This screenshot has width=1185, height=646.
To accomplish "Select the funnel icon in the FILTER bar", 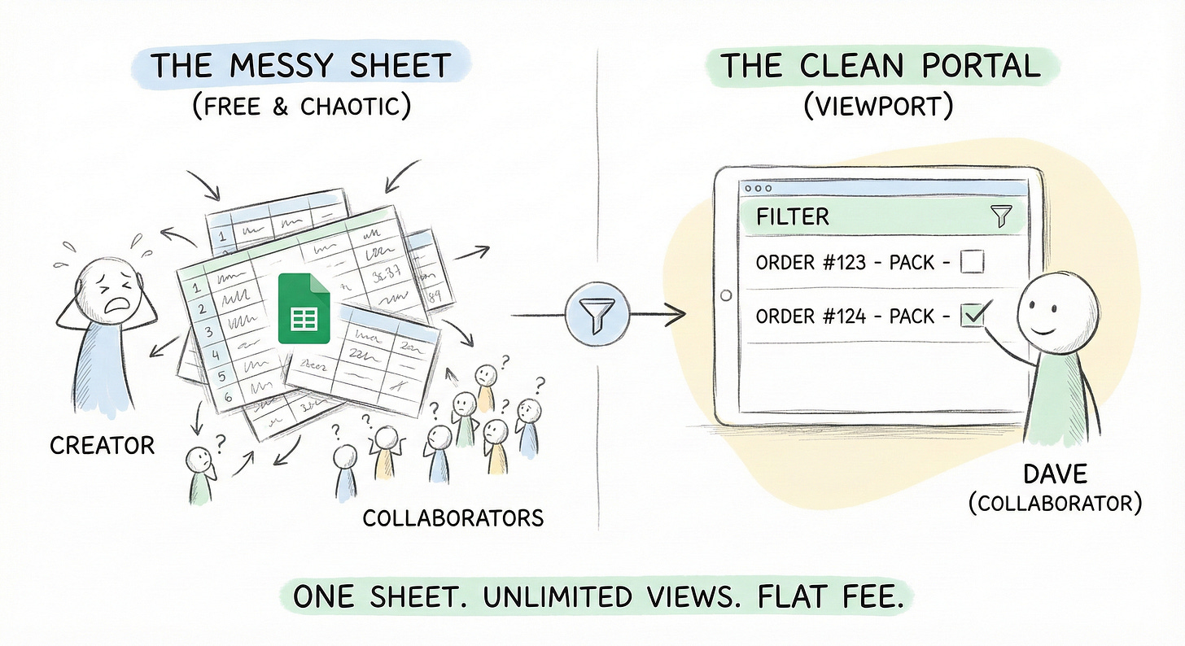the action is (999, 216).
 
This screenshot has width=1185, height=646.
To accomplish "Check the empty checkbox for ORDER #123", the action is (972, 263).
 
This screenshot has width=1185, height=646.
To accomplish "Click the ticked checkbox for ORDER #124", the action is (973, 315).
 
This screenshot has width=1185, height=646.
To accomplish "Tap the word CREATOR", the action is (102, 445).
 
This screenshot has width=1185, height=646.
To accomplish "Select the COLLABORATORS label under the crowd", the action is (453, 517).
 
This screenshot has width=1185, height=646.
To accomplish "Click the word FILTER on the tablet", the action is (793, 216).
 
